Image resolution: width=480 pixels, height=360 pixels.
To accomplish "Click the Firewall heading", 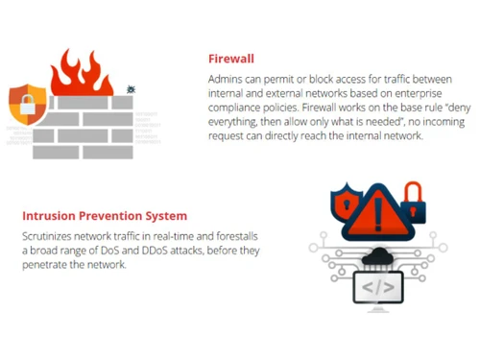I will point(231,57).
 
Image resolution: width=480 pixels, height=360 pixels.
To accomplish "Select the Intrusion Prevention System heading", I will point(104,216).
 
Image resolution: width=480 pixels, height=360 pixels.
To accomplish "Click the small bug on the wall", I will point(131,89).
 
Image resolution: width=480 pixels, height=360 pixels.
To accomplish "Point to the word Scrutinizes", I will point(50,236).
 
